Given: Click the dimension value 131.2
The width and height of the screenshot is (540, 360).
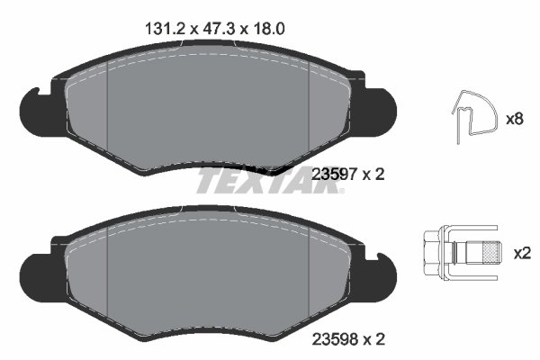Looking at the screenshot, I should tap(164, 28).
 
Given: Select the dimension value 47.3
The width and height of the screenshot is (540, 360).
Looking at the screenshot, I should tap(216, 28).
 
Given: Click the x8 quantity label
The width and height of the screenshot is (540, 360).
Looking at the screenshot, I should tap(515, 118).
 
